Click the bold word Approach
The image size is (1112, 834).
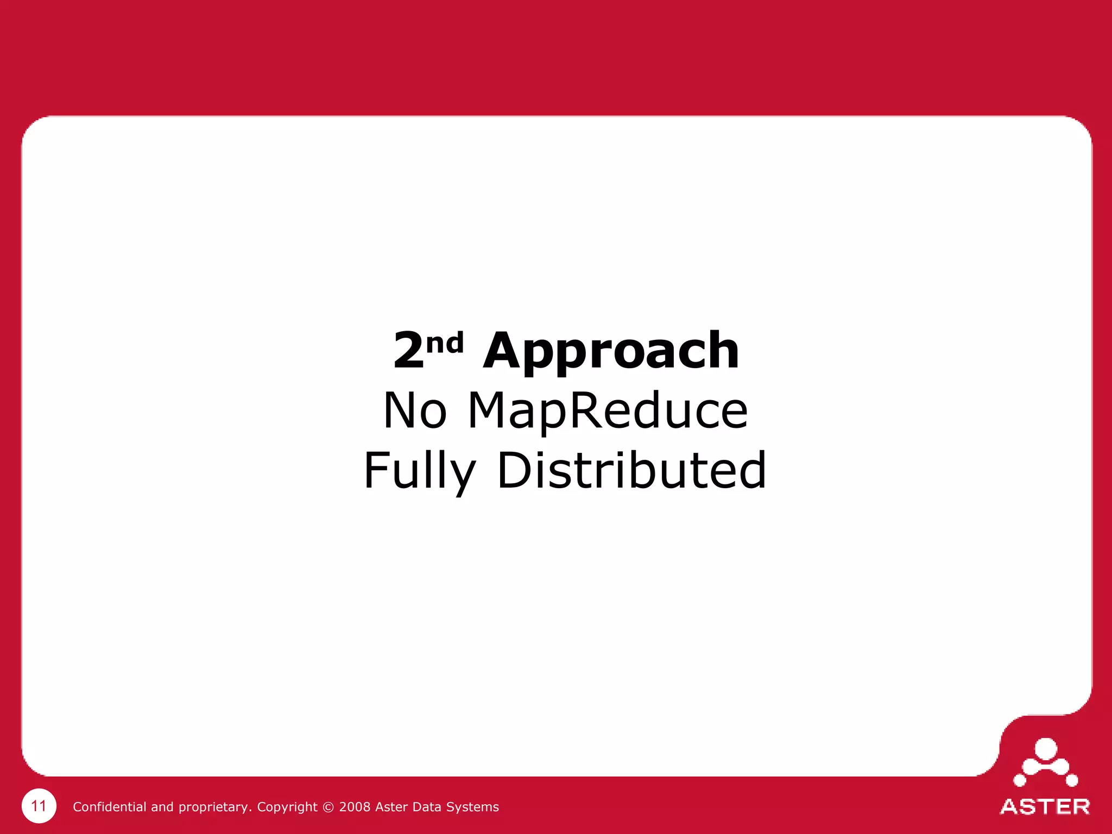pyautogui.click(x=611, y=352)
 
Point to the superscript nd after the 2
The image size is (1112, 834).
pyautogui.click(x=445, y=343)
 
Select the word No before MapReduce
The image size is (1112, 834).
pyautogui.click(x=415, y=411)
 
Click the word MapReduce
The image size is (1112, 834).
pyautogui.click(x=608, y=411)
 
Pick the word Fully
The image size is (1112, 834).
pyautogui.click(x=419, y=471)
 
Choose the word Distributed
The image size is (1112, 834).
pyautogui.click(x=631, y=470)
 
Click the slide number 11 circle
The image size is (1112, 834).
pyautogui.click(x=39, y=806)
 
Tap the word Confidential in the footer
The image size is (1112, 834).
pyautogui.click(x=109, y=807)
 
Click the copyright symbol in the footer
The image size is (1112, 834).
pyautogui.click(x=328, y=807)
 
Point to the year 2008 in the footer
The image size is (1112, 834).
pyautogui.click(x=355, y=807)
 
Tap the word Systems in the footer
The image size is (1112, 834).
pyautogui.click(x=473, y=807)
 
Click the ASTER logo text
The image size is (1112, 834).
pyautogui.click(x=1045, y=807)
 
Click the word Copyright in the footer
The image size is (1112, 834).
pyautogui.click(x=287, y=807)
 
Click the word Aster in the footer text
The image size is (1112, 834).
pyautogui.click(x=391, y=807)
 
